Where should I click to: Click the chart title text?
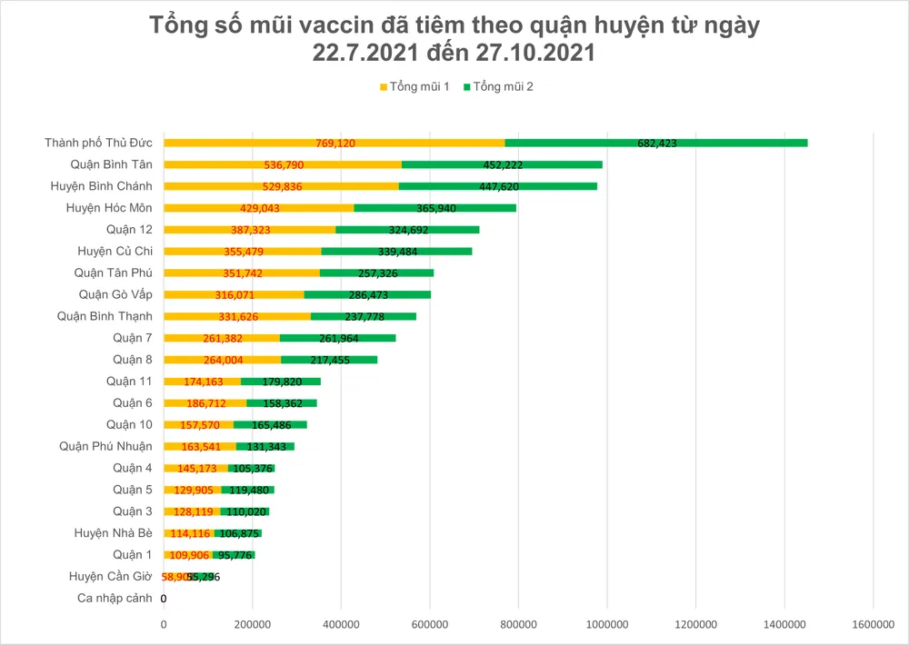454,40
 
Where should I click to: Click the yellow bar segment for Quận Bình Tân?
283,164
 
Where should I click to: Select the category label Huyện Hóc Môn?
109,208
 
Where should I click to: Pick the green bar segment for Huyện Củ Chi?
396,251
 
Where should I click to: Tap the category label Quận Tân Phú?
113,273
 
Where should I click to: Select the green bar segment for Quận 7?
337,338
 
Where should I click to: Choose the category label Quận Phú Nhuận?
105,446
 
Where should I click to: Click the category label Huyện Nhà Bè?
113,533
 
